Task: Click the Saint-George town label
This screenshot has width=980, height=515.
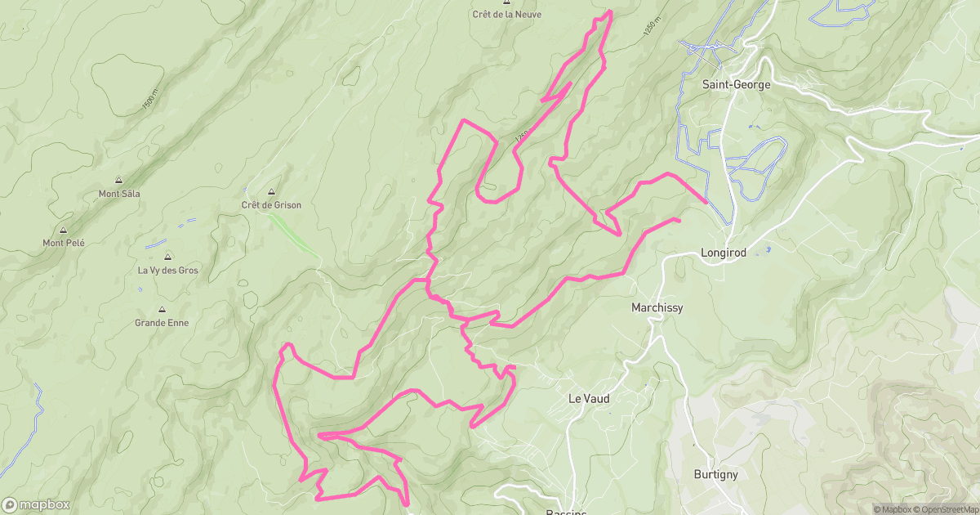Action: [x=736, y=84]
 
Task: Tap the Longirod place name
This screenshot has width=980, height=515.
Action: [x=724, y=253]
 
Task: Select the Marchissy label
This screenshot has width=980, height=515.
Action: [x=657, y=308]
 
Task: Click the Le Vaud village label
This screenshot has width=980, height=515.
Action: [x=589, y=399]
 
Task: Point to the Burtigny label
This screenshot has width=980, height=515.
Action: [x=715, y=474]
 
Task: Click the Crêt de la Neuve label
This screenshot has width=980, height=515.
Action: [x=506, y=14]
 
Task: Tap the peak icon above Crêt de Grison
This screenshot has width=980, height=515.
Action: [x=271, y=191]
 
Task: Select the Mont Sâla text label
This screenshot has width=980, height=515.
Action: [x=119, y=194]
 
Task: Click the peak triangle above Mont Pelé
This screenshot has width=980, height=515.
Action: [x=63, y=230]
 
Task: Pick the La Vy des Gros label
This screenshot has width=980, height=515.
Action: [x=167, y=271]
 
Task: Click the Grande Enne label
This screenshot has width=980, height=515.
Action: [x=162, y=323]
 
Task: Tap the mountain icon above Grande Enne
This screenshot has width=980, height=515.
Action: [x=162, y=310]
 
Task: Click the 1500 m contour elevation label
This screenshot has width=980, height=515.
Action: [x=149, y=101]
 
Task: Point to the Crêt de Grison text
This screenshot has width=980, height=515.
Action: [x=271, y=205]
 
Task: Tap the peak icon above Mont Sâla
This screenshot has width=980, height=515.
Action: [x=119, y=181]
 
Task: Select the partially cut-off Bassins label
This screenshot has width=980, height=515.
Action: [x=565, y=512]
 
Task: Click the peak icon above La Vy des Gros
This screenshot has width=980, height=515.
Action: [x=167, y=257]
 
